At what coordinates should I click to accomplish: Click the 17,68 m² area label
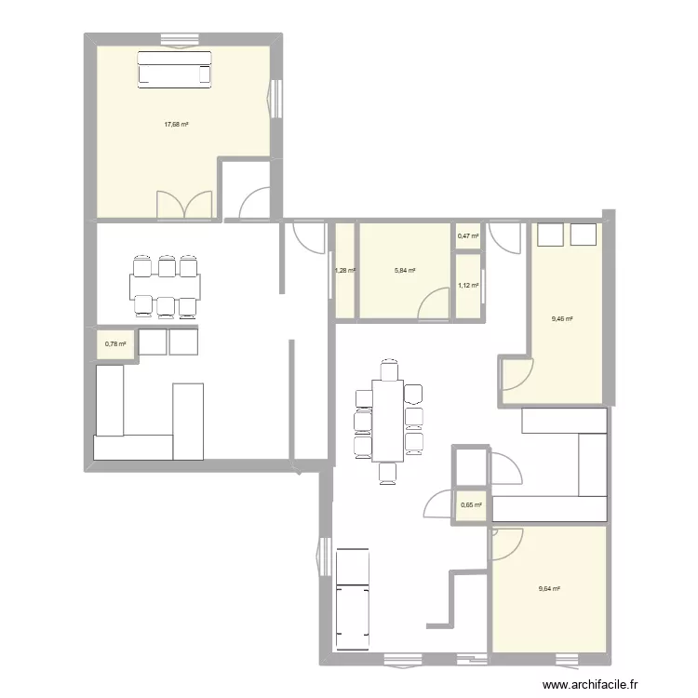[x=177, y=125]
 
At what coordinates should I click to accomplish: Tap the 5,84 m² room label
[x=405, y=271]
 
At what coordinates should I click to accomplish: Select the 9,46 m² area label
[x=563, y=319]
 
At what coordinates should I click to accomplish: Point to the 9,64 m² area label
[x=550, y=588]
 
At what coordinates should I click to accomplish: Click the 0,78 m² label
[x=115, y=343]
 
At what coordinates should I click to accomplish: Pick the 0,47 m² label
[x=468, y=236]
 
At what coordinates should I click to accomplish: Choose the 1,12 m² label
[x=468, y=286]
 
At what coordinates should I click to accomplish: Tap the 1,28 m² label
[x=345, y=271]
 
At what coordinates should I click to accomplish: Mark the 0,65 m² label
[x=471, y=505]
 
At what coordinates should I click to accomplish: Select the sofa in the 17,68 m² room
[x=176, y=69]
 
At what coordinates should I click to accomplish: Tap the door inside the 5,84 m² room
[x=433, y=303]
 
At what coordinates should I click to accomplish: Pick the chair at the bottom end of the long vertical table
[x=388, y=473]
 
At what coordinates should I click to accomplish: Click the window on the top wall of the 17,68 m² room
[x=174, y=39]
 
